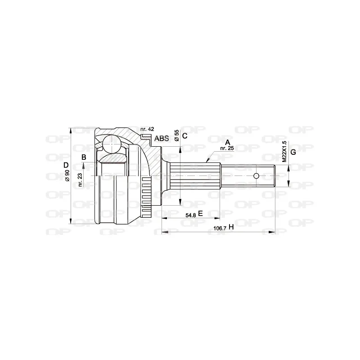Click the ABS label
(x=162, y=139)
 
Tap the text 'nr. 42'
(x=147, y=129)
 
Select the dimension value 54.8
(x=190, y=215)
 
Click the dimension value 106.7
(x=220, y=228)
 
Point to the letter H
(x=231, y=227)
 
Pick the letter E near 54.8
(x=200, y=214)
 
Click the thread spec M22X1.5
(x=284, y=152)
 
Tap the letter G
(x=293, y=152)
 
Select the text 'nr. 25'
(x=227, y=148)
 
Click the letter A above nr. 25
(x=228, y=142)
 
